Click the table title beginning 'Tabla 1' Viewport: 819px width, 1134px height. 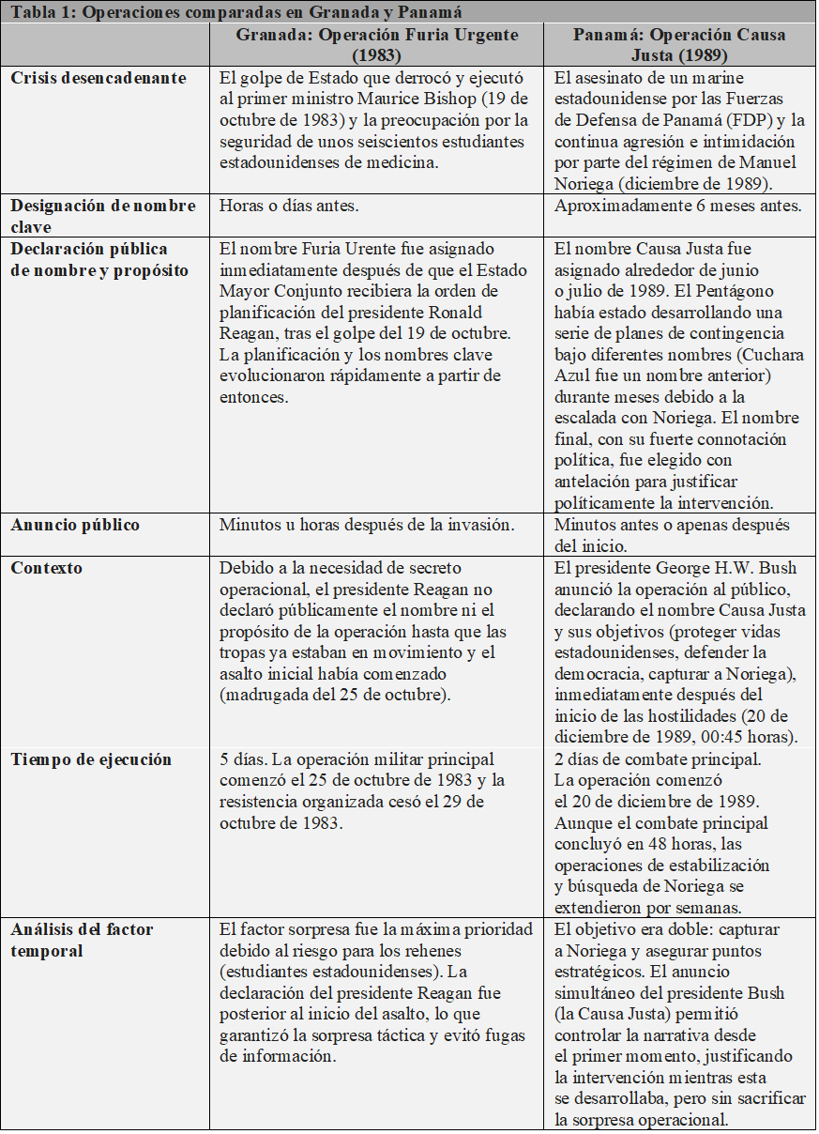(x=235, y=11)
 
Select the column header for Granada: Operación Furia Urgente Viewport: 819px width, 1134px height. (x=376, y=44)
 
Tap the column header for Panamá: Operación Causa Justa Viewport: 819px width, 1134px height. (x=680, y=44)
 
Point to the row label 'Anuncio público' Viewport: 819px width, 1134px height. (x=75, y=525)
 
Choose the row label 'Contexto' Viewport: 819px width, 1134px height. (x=47, y=568)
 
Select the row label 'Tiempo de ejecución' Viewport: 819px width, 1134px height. (x=91, y=759)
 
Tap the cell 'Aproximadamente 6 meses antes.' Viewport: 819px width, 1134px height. (x=677, y=206)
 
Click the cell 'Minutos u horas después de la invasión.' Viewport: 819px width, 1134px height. (x=367, y=525)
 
